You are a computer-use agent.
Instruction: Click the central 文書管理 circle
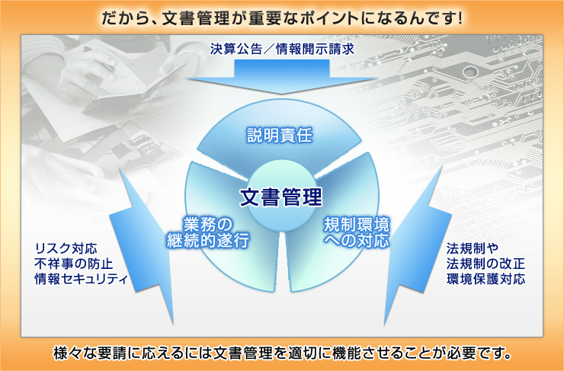pos(280,197)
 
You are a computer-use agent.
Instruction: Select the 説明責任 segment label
pos(280,136)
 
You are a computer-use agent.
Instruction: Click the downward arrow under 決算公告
pos(282,77)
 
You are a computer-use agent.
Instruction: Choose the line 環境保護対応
pos(485,280)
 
